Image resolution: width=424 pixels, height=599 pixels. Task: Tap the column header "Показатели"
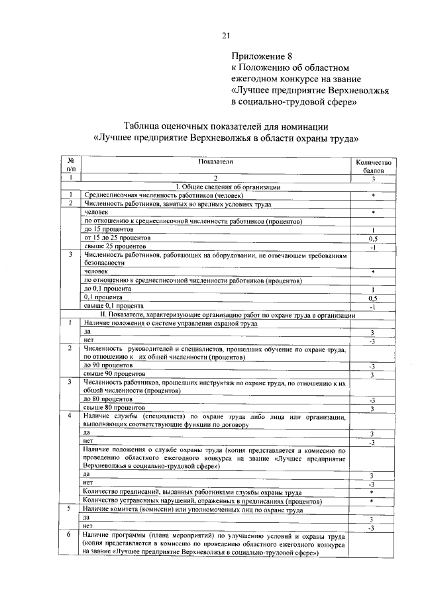coord(215,162)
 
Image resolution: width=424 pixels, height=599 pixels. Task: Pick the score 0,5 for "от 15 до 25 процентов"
coord(374,238)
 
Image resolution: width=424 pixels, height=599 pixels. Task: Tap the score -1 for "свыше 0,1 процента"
coord(374,307)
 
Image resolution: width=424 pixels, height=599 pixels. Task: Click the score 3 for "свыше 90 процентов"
coord(374,375)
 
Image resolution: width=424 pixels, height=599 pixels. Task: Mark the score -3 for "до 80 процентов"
coord(374,400)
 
